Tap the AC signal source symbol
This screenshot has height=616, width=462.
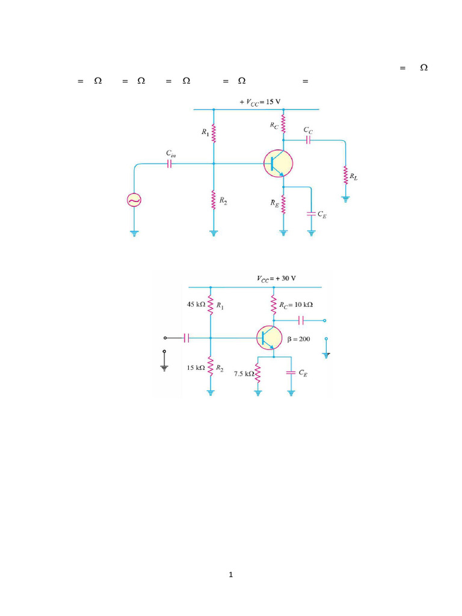click(x=134, y=200)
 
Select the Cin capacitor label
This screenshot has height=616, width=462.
click(x=171, y=155)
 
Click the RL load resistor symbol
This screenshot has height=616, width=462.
click(x=346, y=176)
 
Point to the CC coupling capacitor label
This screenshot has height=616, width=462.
click(x=307, y=130)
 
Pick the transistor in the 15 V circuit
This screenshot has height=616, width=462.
click(x=277, y=162)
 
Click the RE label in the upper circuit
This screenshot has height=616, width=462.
click(x=274, y=203)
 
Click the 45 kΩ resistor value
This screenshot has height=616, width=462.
click(x=196, y=305)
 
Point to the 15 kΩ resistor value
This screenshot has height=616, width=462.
click(x=196, y=368)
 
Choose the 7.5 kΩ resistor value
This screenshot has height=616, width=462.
click(x=244, y=374)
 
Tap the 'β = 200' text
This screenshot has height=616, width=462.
click(x=298, y=339)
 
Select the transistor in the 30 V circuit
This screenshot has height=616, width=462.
click(x=269, y=338)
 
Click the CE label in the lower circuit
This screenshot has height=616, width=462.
click(x=303, y=374)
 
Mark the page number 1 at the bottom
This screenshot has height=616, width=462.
click(x=230, y=575)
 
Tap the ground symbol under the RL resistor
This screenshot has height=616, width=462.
click(x=346, y=199)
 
